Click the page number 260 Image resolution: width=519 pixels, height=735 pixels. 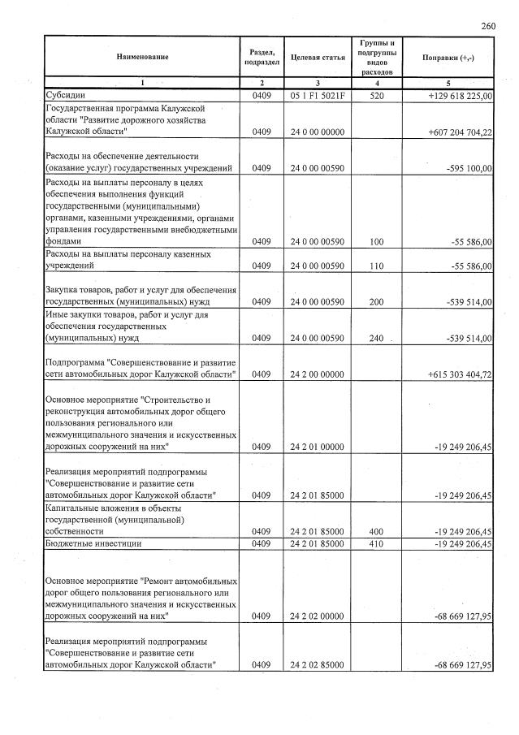[488, 26]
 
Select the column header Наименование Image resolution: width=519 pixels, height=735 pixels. [142, 57]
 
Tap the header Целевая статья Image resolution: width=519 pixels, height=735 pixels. [318, 58]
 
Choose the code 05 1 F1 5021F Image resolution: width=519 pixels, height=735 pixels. [318, 96]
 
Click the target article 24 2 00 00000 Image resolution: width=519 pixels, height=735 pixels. [318, 374]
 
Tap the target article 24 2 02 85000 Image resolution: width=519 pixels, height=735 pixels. [318, 666]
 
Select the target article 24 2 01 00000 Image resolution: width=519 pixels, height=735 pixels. [318, 447]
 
